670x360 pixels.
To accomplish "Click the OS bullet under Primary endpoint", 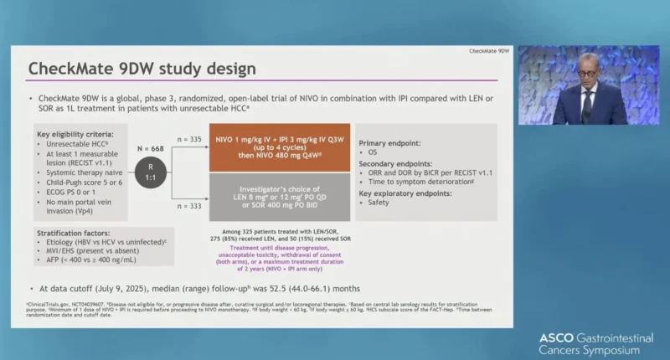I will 374,153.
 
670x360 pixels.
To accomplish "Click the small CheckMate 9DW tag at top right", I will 488,51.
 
